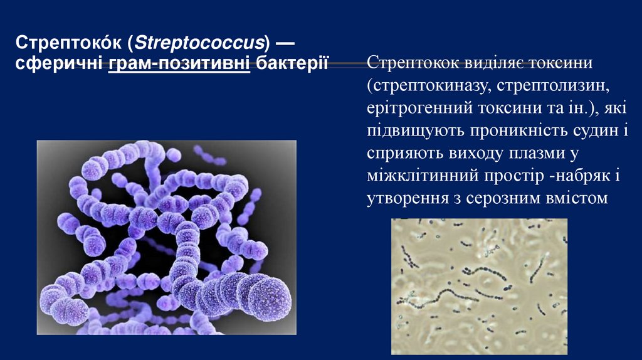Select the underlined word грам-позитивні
tap(179, 64)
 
